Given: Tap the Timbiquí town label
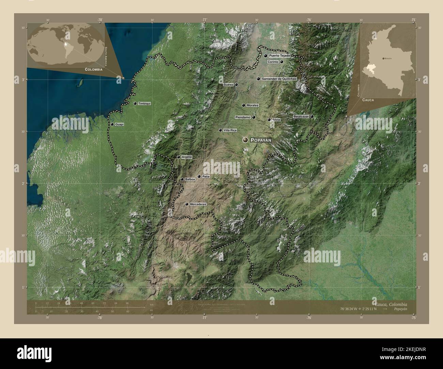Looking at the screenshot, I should click(x=144, y=103).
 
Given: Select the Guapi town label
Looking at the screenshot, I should click(x=119, y=125).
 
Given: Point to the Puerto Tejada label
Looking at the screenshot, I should click(x=279, y=55).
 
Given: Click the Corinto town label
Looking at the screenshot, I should click(x=273, y=62).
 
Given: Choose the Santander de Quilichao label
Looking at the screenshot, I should click(x=279, y=79).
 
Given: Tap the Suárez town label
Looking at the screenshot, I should click(x=228, y=84).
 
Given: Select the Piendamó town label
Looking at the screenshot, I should click(x=243, y=117).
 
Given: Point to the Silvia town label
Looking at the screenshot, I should click(x=276, y=120).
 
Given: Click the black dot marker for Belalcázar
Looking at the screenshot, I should click(x=312, y=116).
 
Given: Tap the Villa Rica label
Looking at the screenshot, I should click(x=230, y=130).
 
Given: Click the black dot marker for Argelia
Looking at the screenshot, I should click(x=179, y=157).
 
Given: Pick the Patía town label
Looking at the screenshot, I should click(x=205, y=177).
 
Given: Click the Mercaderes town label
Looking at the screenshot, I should click(x=198, y=204).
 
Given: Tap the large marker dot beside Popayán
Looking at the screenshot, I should click(x=245, y=140).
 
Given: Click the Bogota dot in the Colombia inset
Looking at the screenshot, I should click(x=384, y=59).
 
